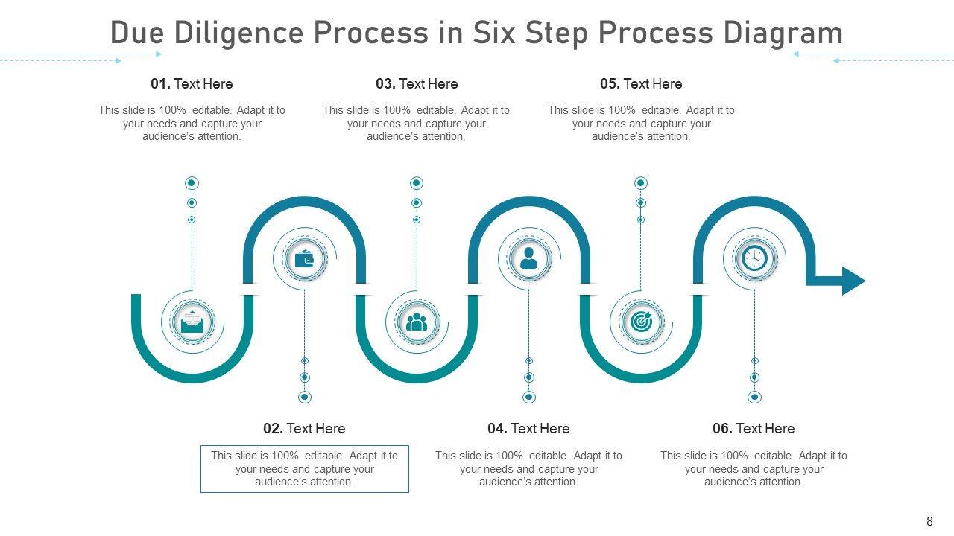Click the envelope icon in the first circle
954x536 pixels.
[192, 322]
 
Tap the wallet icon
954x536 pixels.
[304, 259]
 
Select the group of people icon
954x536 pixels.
[417, 322]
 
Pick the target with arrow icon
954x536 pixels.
[641, 322]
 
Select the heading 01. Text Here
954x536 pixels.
[192, 84]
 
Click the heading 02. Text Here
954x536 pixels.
[304, 429]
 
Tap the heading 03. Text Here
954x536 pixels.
[417, 84]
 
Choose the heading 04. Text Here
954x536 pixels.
[528, 429]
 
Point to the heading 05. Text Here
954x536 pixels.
[641, 84]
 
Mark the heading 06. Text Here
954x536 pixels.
[754, 429]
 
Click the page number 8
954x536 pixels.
[929, 522]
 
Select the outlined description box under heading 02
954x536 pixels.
[304, 469]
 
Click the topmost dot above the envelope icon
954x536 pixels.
[192, 183]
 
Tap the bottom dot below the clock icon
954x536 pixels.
[754, 398]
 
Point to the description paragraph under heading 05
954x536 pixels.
[641, 124]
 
